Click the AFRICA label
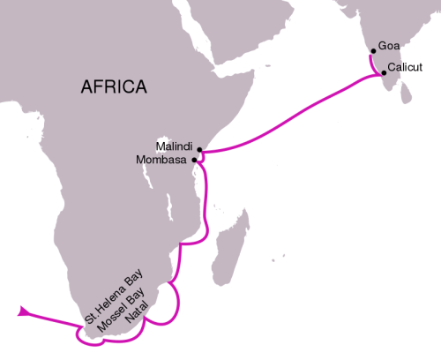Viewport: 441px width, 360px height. click(x=114, y=86)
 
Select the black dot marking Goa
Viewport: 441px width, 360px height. click(x=374, y=51)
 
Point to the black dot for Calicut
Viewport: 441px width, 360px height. click(x=384, y=73)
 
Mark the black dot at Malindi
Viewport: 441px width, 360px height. click(x=199, y=150)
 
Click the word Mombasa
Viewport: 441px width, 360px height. click(x=162, y=160)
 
